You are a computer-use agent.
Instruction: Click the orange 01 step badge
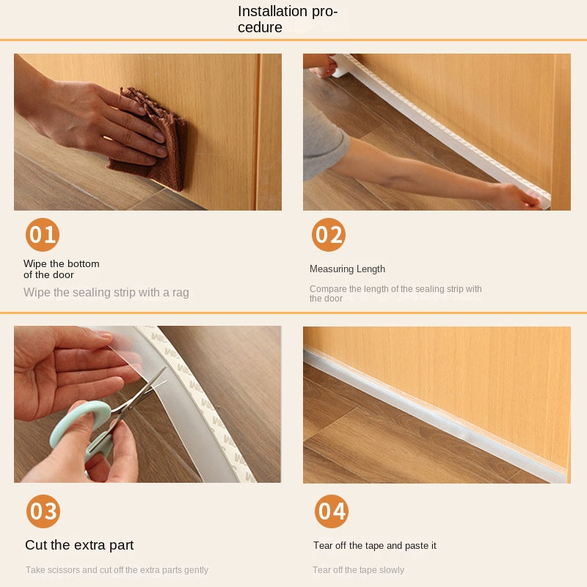[43, 235]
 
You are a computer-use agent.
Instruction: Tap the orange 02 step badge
[328, 235]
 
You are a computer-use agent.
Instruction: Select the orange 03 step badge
[43, 511]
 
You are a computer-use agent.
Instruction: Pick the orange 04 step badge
[332, 511]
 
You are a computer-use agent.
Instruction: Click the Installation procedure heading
[288, 19]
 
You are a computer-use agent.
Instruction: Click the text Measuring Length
[347, 269]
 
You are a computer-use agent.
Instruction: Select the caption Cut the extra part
[79, 545]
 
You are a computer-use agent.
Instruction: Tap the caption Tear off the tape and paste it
[375, 545]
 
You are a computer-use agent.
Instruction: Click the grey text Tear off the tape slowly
[358, 570]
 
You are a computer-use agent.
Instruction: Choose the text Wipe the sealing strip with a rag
[106, 292]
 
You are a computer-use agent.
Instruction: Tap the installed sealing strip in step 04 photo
[434, 414]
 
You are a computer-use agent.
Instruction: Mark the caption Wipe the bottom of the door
[62, 269]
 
